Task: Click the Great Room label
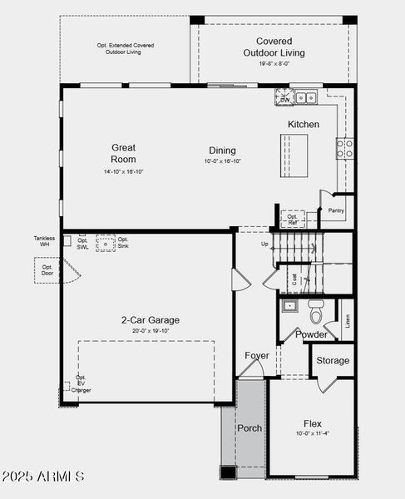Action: coord(123,153)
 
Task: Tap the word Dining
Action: coord(222,149)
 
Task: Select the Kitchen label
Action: coord(303,124)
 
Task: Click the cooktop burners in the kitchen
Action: coord(343,148)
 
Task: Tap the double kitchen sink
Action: coord(305,97)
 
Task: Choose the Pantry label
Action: coord(336,211)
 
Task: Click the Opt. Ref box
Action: coord(293,220)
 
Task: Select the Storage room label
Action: coord(333,361)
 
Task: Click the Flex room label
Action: coord(312,424)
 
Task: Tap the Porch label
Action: coord(249,428)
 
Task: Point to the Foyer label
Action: coord(256,356)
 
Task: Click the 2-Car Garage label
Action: coord(150,319)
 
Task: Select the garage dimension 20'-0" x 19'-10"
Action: coord(150,330)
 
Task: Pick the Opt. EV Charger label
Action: coord(81,383)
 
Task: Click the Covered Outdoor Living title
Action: coord(274,47)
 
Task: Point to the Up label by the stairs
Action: coord(264,244)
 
